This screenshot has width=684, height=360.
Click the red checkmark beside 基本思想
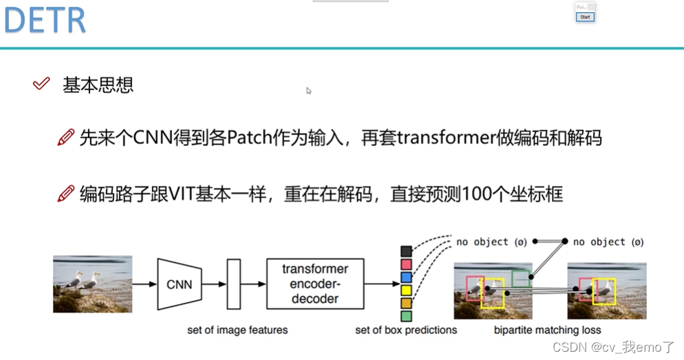point(41,84)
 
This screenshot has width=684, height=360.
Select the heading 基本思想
point(98,85)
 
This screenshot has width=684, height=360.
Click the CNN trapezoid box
point(179,284)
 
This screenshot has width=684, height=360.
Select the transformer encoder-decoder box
point(314,284)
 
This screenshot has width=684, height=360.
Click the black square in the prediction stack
point(406,251)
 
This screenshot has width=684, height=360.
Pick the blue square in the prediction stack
point(406,277)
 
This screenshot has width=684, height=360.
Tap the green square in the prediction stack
point(406,316)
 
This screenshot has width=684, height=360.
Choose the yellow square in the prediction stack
point(406,290)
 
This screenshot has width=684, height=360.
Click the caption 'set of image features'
point(237,330)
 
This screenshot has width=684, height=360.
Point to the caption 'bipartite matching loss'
point(547,330)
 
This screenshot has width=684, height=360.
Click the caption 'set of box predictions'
point(406,330)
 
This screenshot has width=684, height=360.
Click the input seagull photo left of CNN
point(92,284)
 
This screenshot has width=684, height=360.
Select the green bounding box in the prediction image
point(521,278)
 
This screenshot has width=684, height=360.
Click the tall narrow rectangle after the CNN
point(233,284)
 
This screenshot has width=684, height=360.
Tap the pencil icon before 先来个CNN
point(66,138)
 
